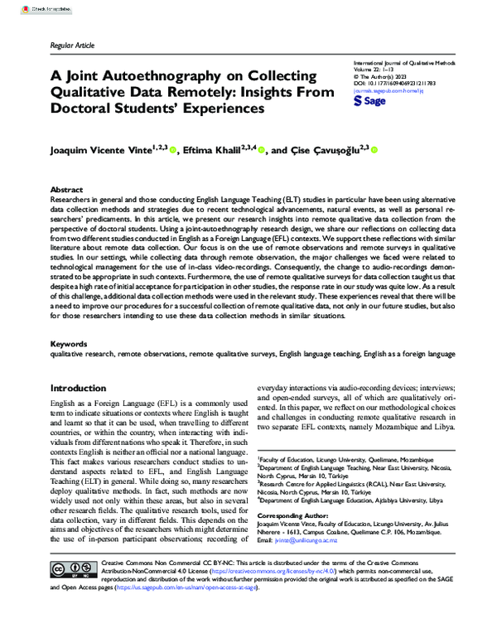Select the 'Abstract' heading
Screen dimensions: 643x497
pyautogui.click(x=67, y=190)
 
